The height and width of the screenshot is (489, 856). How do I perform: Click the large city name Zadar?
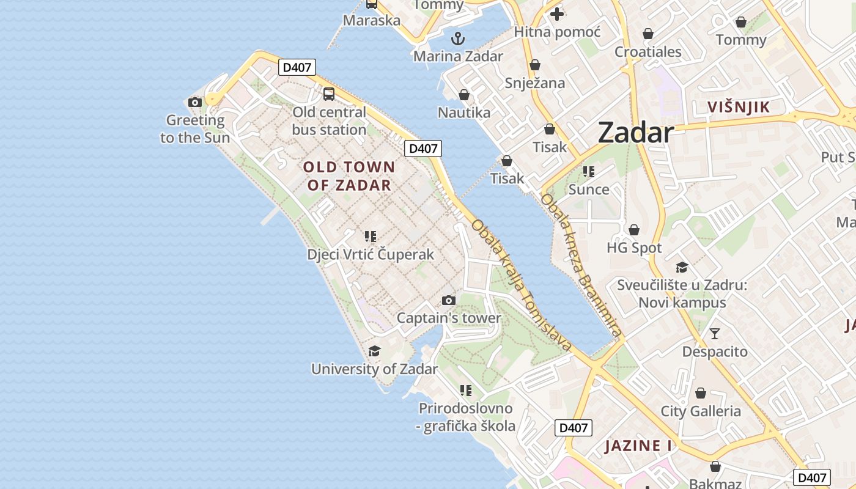pos(636,133)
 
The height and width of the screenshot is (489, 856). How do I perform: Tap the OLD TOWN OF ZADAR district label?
pos(349,176)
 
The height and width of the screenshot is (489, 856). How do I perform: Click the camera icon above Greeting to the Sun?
pos(195,102)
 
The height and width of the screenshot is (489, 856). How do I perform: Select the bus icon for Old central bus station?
pos(329,94)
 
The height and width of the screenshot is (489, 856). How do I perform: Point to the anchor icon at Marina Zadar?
pos(458,39)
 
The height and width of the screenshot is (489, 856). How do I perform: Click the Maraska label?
pos(372,20)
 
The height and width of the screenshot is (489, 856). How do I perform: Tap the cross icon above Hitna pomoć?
pos(557,13)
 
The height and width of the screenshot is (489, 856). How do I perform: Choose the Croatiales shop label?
pos(648,51)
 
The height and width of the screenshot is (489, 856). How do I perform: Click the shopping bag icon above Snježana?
pos(535,65)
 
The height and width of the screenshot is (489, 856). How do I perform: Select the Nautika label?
pos(464,112)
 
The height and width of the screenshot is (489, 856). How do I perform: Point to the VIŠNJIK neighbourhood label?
pos(739,108)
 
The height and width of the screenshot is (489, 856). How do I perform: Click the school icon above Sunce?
pos(589,172)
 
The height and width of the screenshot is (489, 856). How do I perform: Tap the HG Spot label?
pos(634,248)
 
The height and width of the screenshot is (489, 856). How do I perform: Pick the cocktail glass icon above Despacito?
pos(714,334)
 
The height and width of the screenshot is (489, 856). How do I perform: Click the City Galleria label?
pos(701,411)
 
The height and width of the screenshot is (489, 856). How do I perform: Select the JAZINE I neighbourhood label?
pos(638,446)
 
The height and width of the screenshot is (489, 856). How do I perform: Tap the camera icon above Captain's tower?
pos(449,300)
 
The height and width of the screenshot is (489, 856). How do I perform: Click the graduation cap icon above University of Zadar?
pos(374,351)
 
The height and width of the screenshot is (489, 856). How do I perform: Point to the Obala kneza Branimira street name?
pos(581,266)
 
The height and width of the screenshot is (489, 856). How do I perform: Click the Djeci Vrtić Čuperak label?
pos(371,254)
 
